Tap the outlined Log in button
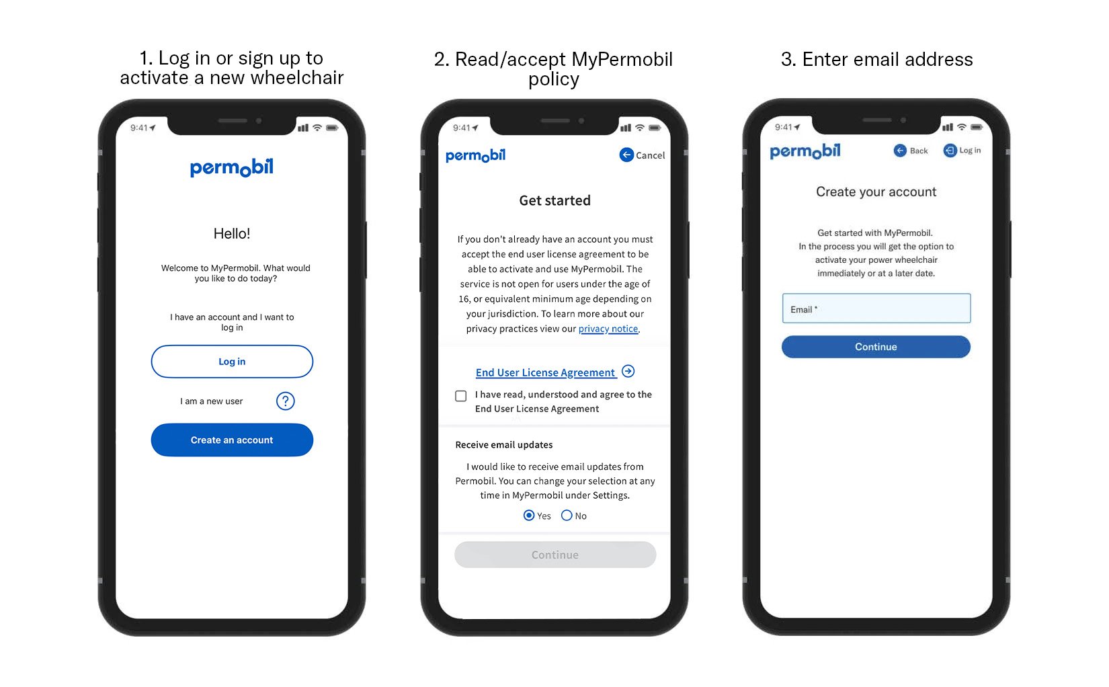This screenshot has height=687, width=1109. click(x=232, y=362)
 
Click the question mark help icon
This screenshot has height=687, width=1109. click(x=286, y=401)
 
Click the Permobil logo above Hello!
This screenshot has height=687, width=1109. click(x=232, y=167)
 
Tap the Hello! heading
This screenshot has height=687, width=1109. click(x=232, y=234)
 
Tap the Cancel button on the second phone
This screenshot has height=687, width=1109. click(x=642, y=155)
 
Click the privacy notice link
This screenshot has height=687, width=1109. click(x=608, y=329)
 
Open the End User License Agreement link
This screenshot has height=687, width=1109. click(x=546, y=372)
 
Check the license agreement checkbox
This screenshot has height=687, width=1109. click(x=461, y=396)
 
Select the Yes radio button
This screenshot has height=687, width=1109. click(x=529, y=516)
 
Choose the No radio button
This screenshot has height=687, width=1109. click(x=567, y=516)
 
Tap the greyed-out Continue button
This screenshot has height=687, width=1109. click(x=555, y=555)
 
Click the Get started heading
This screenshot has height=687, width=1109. click(x=555, y=200)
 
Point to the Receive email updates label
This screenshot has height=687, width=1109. click(x=504, y=445)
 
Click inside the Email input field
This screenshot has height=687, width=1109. click(x=876, y=309)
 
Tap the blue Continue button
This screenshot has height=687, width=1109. click(x=876, y=347)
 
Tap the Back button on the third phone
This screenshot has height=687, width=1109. click(x=911, y=151)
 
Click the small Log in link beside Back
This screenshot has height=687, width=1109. click(x=962, y=151)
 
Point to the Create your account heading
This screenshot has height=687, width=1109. click(x=876, y=192)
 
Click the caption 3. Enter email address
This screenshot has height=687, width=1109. click(x=876, y=60)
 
